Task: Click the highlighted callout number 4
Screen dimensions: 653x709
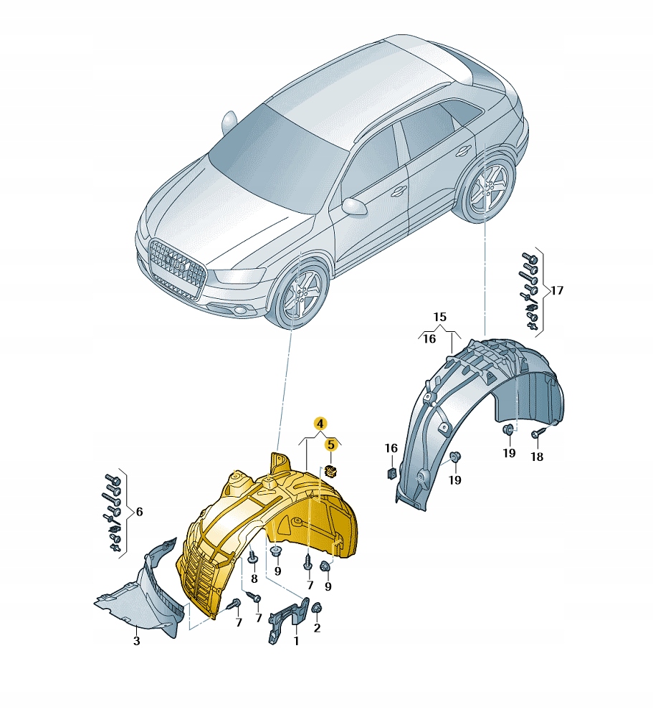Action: (320, 424)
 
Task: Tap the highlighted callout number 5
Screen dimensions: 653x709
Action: (331, 444)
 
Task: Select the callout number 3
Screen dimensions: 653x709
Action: (137, 641)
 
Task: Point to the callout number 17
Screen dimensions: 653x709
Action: (557, 290)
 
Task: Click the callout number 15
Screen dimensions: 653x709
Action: (439, 317)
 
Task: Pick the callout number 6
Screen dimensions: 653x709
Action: (139, 511)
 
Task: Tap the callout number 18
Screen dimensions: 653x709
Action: (537, 457)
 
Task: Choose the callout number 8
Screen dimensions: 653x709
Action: (254, 579)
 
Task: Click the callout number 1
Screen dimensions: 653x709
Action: (296, 641)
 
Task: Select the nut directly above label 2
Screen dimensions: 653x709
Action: (317, 609)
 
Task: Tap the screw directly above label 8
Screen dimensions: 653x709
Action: (253, 557)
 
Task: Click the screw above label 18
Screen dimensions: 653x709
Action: (537, 434)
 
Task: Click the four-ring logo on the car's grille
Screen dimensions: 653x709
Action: (176, 262)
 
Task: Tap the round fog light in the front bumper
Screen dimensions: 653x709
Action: (239, 310)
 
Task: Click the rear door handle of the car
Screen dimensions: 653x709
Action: (463, 153)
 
